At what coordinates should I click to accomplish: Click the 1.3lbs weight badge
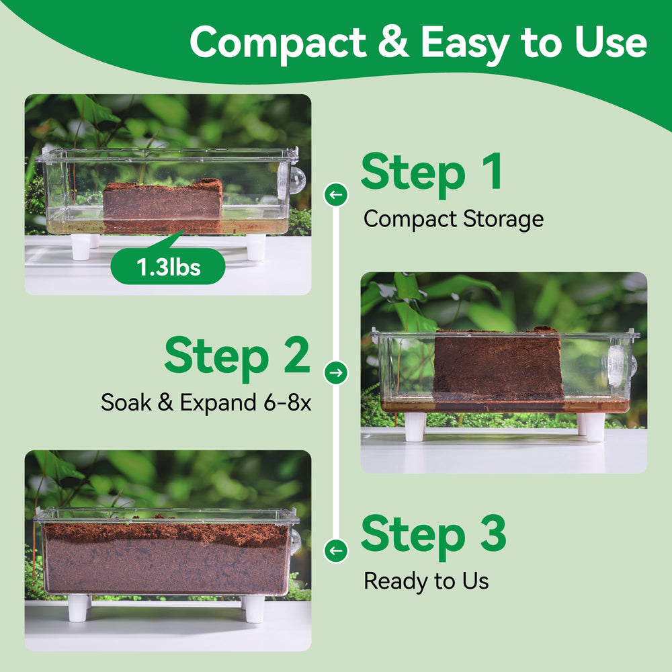[x=168, y=266]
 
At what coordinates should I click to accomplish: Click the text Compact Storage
[x=454, y=219]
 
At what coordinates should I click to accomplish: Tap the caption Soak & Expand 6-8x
[x=206, y=403]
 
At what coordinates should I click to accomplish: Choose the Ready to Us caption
[x=426, y=581]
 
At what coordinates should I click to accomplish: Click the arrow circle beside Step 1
[x=336, y=195]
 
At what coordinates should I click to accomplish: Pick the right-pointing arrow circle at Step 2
[x=336, y=372]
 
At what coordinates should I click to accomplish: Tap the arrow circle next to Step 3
[x=336, y=550]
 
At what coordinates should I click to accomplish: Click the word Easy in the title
[x=464, y=44]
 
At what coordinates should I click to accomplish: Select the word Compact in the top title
[x=278, y=43]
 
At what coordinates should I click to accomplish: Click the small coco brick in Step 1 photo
[x=163, y=205]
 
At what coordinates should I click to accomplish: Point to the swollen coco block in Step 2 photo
[x=498, y=365]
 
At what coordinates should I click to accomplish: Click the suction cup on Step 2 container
[x=620, y=364]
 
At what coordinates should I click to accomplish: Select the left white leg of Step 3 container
[x=77, y=607]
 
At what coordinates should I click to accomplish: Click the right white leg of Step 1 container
[x=256, y=247]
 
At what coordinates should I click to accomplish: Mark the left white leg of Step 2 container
[x=415, y=427]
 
